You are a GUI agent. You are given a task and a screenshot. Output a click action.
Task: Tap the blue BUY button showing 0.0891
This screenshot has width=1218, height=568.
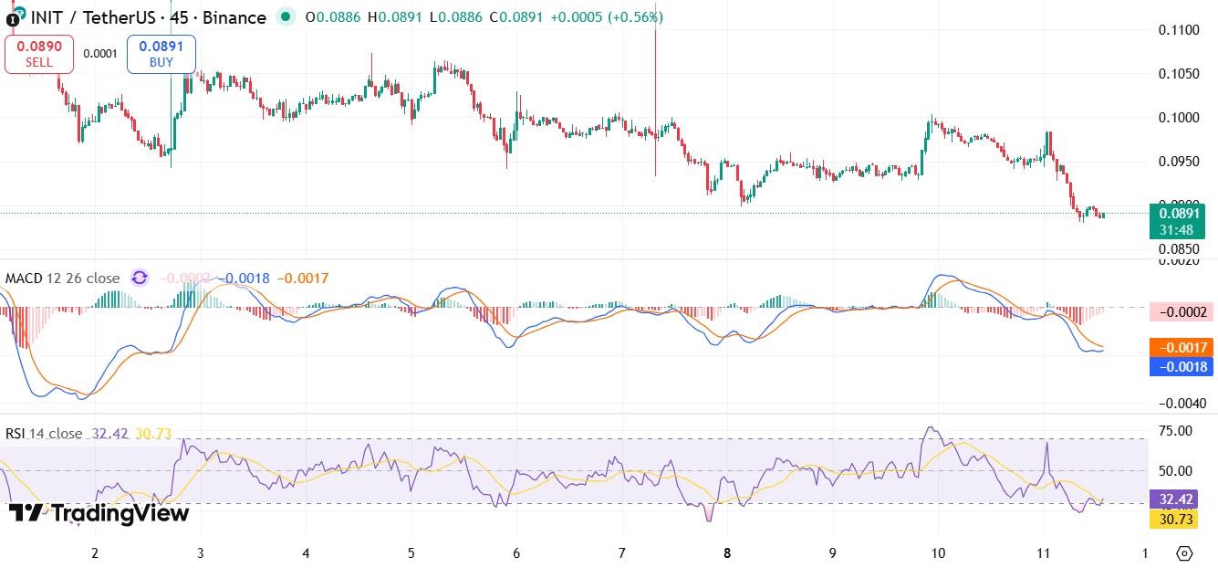pyautogui.click(x=161, y=53)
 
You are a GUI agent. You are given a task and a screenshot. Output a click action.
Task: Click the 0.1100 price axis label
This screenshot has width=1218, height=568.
pyautogui.click(x=1179, y=30)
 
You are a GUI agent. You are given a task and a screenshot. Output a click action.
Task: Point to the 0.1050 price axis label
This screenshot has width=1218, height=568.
pyautogui.click(x=1179, y=74)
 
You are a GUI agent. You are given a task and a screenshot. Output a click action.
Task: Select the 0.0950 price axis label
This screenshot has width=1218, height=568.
pyautogui.click(x=1179, y=162)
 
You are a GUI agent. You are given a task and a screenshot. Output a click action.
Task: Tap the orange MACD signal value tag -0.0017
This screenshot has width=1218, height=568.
pyautogui.click(x=1182, y=347)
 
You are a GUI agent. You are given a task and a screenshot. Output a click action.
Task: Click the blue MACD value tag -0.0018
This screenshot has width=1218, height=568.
pyautogui.click(x=1182, y=367)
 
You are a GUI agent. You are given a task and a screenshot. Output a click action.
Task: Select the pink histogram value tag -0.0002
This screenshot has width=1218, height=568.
pyautogui.click(x=1182, y=312)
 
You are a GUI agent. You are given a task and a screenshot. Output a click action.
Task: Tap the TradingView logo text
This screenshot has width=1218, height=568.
pyautogui.click(x=99, y=514)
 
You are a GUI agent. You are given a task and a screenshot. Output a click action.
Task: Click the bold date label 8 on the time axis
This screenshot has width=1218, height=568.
pyautogui.click(x=727, y=552)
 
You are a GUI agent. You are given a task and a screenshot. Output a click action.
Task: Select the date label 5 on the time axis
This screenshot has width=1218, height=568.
pyautogui.click(x=411, y=552)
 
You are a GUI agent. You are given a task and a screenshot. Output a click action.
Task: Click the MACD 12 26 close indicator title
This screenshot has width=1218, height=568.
pyautogui.click(x=63, y=279)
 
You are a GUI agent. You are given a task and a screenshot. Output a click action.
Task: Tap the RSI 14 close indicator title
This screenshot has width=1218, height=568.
pyautogui.click(x=44, y=434)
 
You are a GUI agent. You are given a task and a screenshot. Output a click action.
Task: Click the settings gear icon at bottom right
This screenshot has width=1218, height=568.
pyautogui.click(x=1184, y=553)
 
